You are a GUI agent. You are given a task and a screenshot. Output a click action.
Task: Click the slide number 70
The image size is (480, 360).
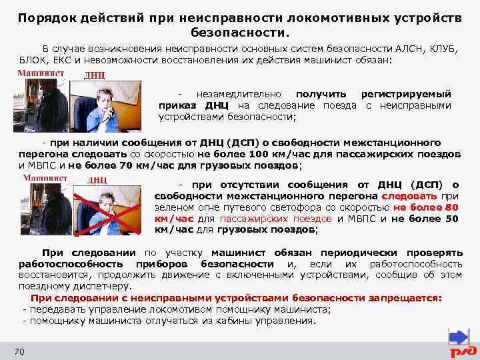[19, 351]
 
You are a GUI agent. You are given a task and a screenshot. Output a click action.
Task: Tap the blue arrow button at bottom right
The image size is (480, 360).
[459, 336]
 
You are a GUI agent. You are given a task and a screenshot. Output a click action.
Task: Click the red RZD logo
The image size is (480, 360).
[462, 351]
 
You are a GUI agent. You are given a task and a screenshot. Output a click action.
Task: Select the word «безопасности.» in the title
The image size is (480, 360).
[240, 31]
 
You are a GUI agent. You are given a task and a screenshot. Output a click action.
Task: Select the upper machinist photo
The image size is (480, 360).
[43, 107]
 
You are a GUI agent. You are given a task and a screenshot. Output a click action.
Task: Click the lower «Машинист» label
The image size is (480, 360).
[45, 179]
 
